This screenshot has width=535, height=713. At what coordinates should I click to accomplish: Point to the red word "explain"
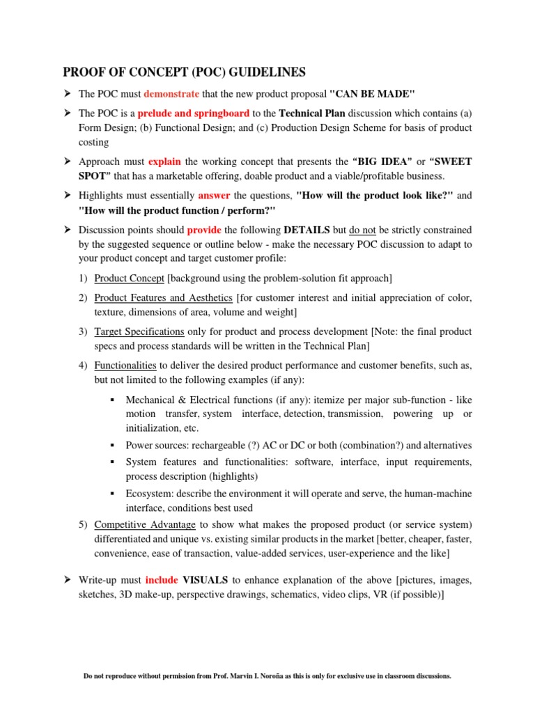coord(164,162)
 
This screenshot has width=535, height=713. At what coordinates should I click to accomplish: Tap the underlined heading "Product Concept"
coord(129,279)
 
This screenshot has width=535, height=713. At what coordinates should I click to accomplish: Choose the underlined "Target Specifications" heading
coord(139,331)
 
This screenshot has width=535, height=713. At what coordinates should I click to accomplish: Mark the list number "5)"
coord(83,524)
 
